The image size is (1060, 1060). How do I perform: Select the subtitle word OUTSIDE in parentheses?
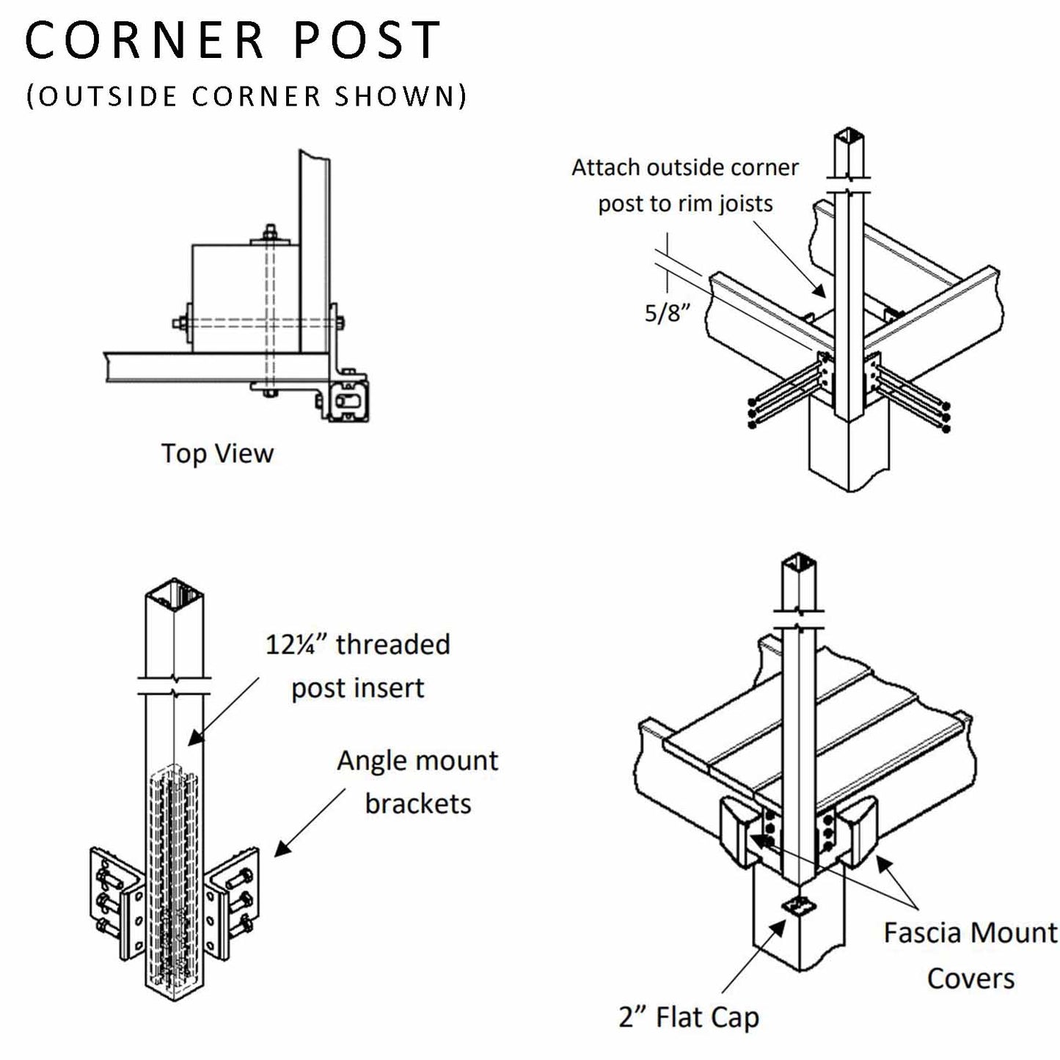pyautogui.click(x=108, y=97)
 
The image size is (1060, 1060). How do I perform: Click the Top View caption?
pyautogui.click(x=217, y=453)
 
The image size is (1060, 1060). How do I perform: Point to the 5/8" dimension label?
pyautogui.click(x=668, y=313)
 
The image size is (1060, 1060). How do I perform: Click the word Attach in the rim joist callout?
pyautogui.click(x=606, y=168)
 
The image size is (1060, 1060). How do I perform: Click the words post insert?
pyautogui.click(x=358, y=688)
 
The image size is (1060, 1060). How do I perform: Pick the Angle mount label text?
pyautogui.click(x=417, y=761)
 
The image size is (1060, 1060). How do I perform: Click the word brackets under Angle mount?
pyautogui.click(x=417, y=804)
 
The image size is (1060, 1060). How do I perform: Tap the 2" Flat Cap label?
pyautogui.click(x=689, y=1017)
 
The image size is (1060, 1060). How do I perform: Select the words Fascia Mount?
pyautogui.click(x=970, y=933)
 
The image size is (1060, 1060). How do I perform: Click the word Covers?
pyautogui.click(x=970, y=979)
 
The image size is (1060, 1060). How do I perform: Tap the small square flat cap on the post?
pyautogui.click(x=799, y=905)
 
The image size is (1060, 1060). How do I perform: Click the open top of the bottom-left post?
pyautogui.click(x=174, y=591)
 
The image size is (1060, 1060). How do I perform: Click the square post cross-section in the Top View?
pyautogui.click(x=350, y=401)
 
